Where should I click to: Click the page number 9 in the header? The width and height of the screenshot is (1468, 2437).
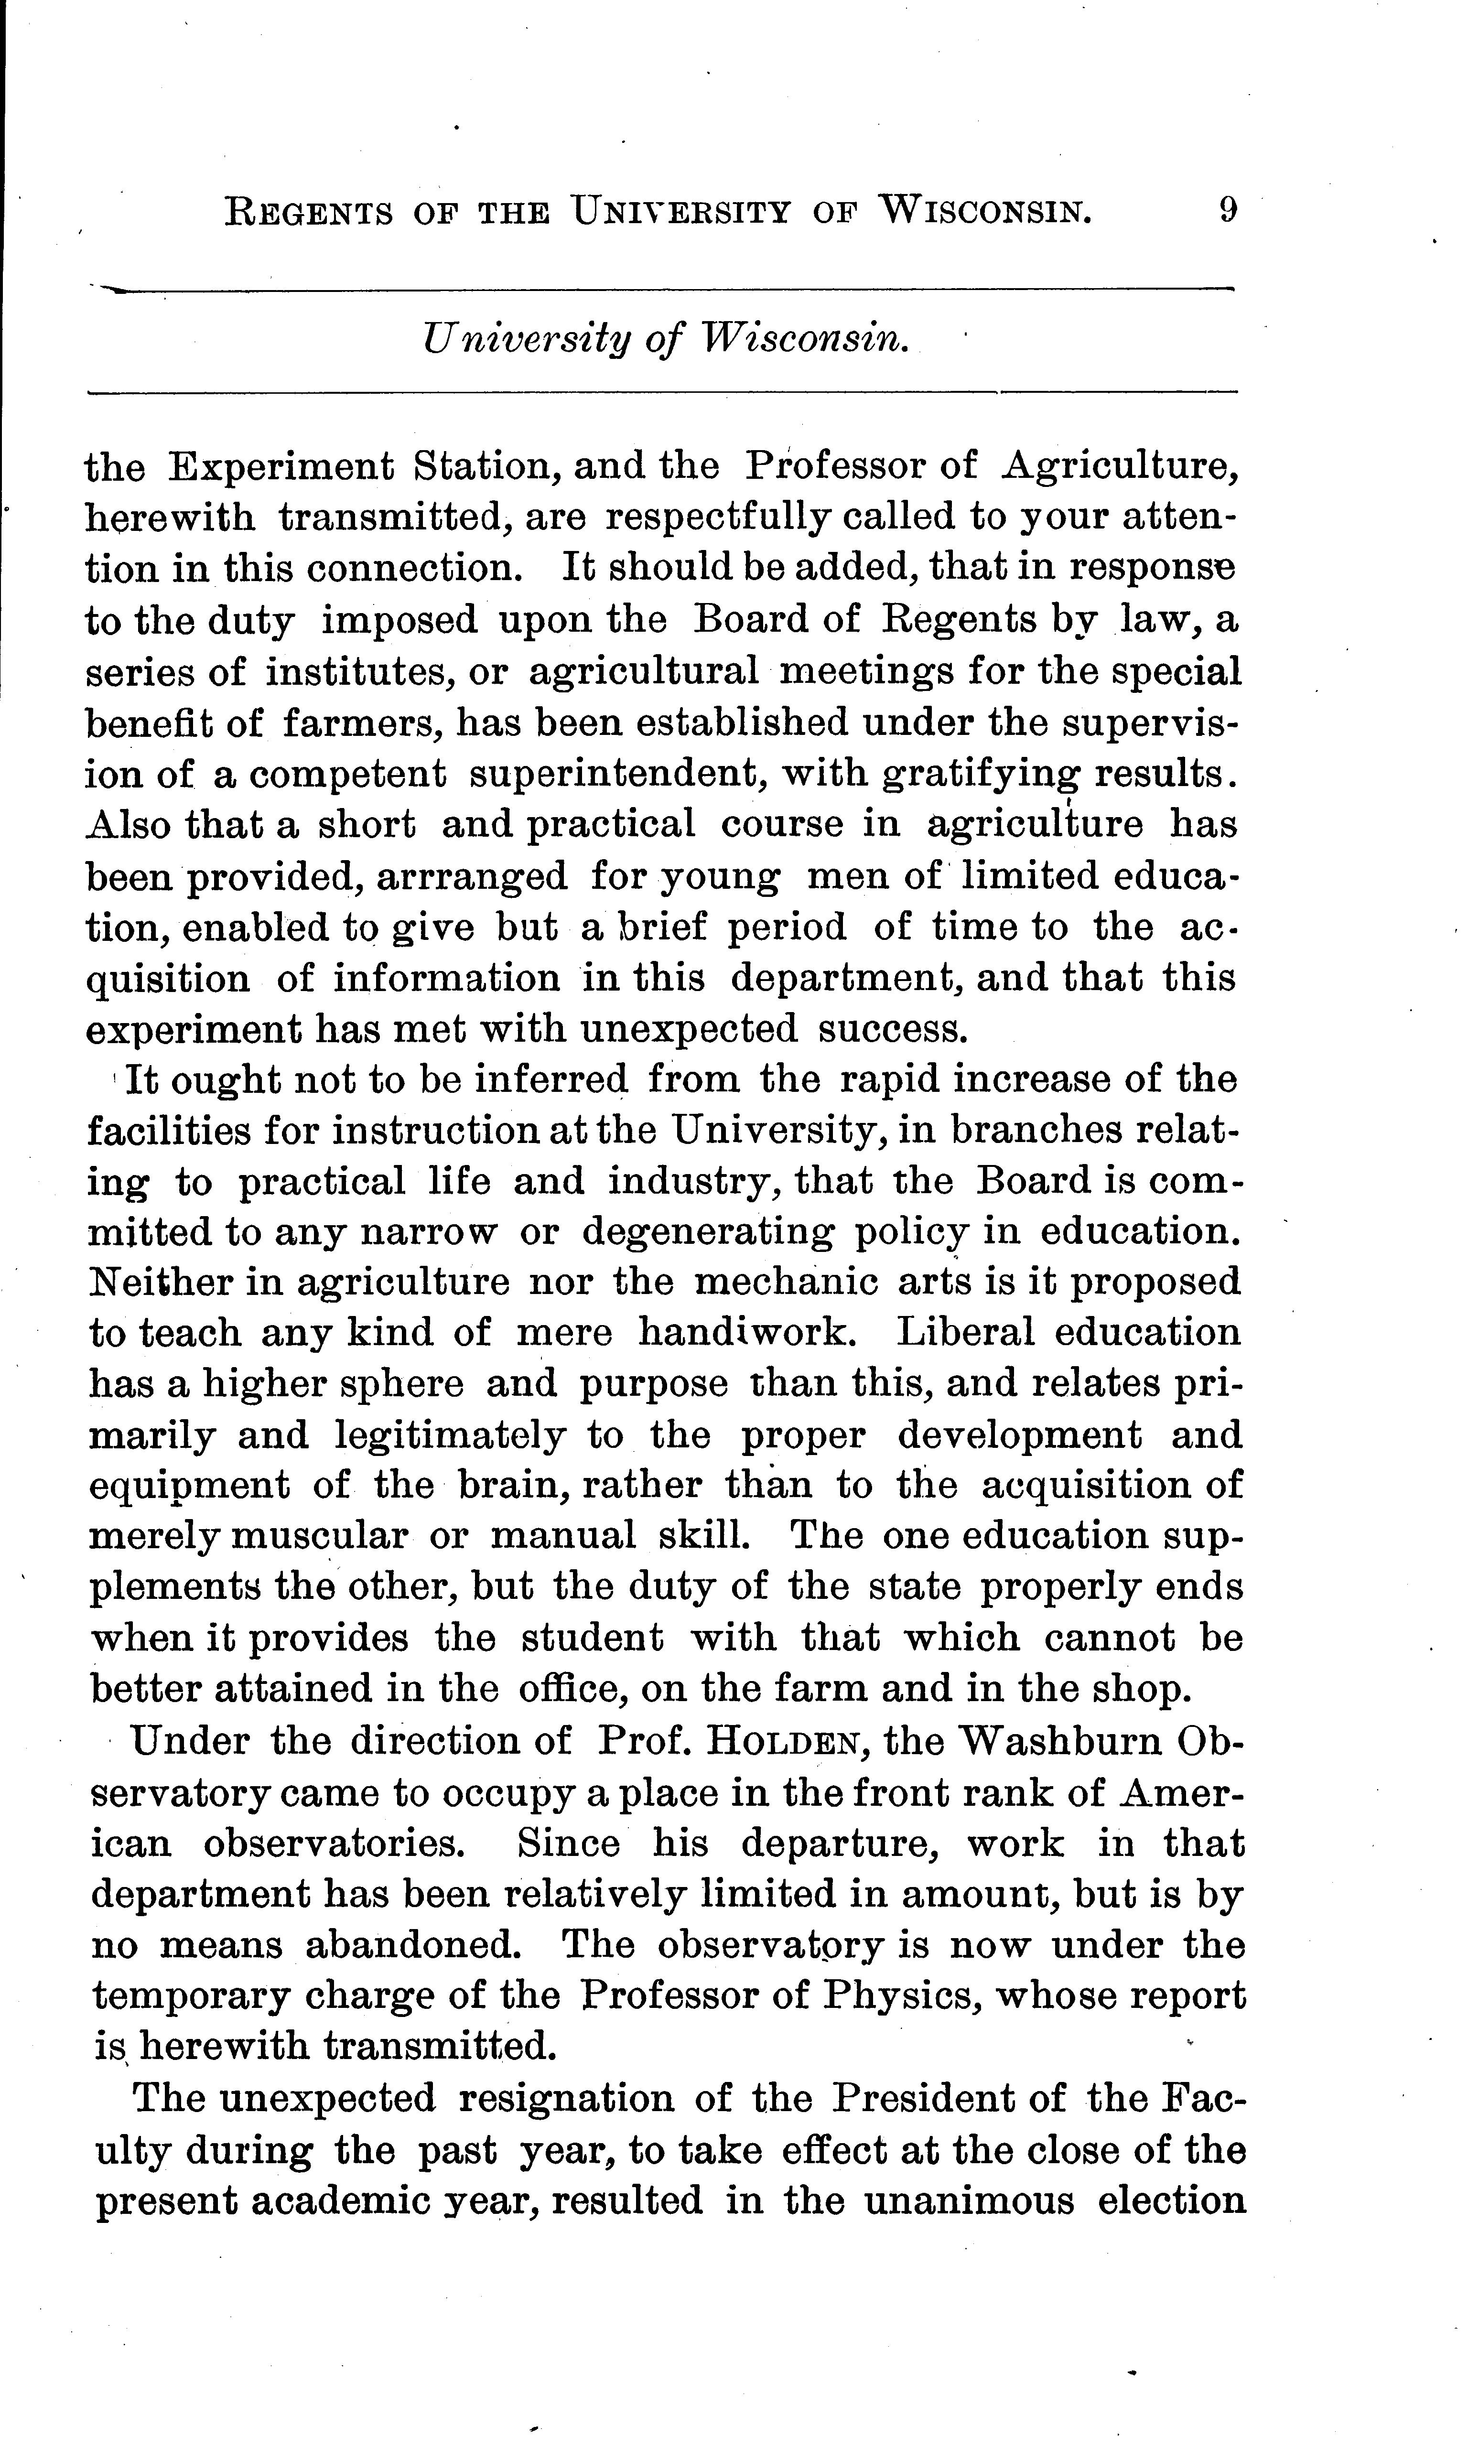(1227, 211)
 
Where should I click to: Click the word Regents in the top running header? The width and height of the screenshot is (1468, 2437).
(309, 213)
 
